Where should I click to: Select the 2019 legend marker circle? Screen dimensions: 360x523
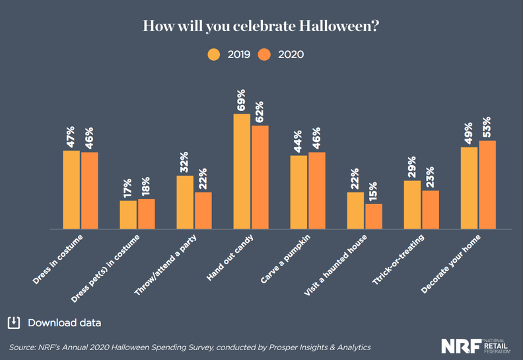coord(214,54)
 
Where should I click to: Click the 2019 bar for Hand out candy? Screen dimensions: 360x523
coord(242,172)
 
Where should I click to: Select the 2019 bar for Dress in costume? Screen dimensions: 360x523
coord(71,190)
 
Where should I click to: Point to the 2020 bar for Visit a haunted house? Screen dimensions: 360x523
coord(374,216)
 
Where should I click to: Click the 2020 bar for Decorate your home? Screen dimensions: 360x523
coord(487,185)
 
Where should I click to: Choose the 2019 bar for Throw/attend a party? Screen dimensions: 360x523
coord(185,202)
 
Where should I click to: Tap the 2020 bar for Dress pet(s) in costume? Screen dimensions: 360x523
coord(147,214)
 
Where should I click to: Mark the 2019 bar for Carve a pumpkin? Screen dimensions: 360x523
coord(298,192)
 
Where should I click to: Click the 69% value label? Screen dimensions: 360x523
coord(242,100)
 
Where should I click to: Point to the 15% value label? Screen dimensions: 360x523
coord(374,191)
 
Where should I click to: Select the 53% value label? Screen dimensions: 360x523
coord(487,127)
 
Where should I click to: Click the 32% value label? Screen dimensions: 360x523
coord(185,162)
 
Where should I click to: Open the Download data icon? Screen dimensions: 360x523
coord(13,322)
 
